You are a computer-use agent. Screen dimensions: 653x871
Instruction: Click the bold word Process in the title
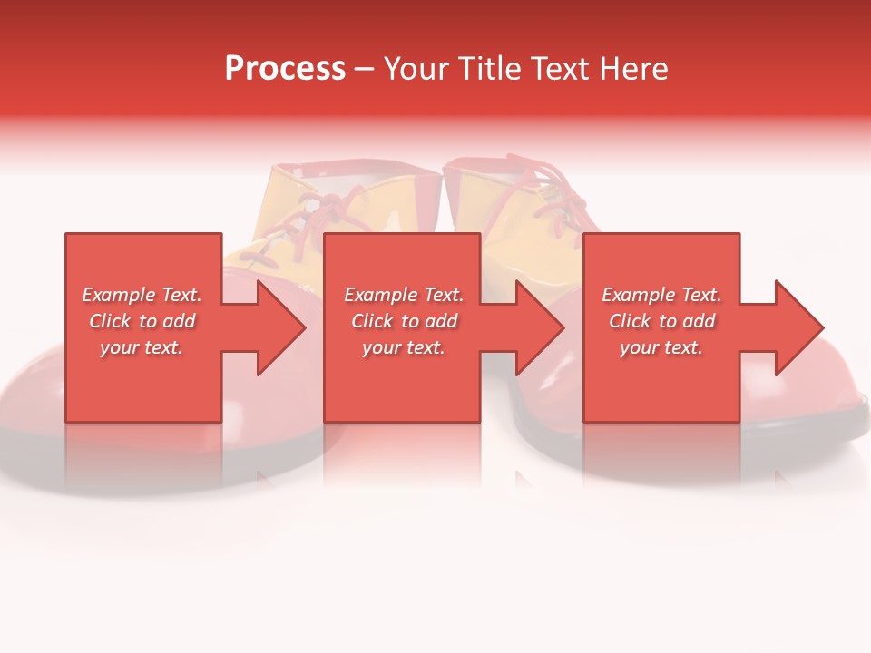[285, 69]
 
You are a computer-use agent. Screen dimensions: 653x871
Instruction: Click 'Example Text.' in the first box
[142, 295]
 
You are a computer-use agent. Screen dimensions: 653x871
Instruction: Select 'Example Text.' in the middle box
[404, 295]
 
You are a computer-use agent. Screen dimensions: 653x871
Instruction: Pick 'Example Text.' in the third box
[661, 295]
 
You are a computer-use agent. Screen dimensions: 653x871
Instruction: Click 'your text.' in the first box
[142, 347]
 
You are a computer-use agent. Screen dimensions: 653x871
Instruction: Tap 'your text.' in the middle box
[404, 347]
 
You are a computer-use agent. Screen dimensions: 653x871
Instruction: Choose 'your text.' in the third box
[661, 347]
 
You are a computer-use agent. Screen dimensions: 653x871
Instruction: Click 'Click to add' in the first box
[142, 321]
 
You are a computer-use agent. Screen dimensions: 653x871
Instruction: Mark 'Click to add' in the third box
[661, 321]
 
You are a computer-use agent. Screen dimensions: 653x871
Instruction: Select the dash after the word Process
[364, 69]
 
